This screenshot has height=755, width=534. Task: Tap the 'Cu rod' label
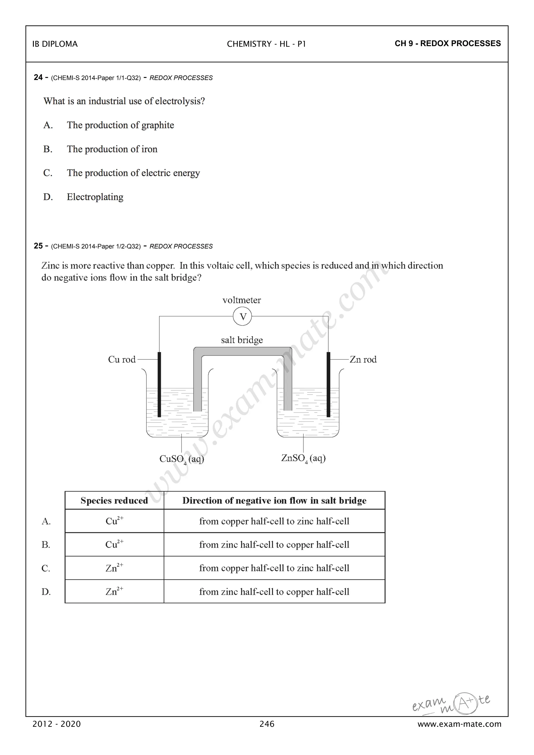pos(122,360)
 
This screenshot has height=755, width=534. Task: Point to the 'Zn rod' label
pos(363,360)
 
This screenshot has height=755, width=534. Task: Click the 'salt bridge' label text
pos(242,340)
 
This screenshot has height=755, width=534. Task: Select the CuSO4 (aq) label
pos(181,459)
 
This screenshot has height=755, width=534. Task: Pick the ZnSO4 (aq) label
pos(303,458)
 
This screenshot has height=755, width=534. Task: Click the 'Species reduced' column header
pos(114,501)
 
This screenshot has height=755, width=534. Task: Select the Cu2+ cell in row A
pos(114,521)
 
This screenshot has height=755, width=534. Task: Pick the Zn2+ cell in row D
pos(114,592)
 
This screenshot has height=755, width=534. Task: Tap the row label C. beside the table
pos(46,568)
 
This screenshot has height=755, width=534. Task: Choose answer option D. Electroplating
pos(95,197)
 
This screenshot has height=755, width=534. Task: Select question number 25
pos(38,246)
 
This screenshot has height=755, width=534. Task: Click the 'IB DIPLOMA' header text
pos(55,44)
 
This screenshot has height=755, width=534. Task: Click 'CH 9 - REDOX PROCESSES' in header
pos(447,43)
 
